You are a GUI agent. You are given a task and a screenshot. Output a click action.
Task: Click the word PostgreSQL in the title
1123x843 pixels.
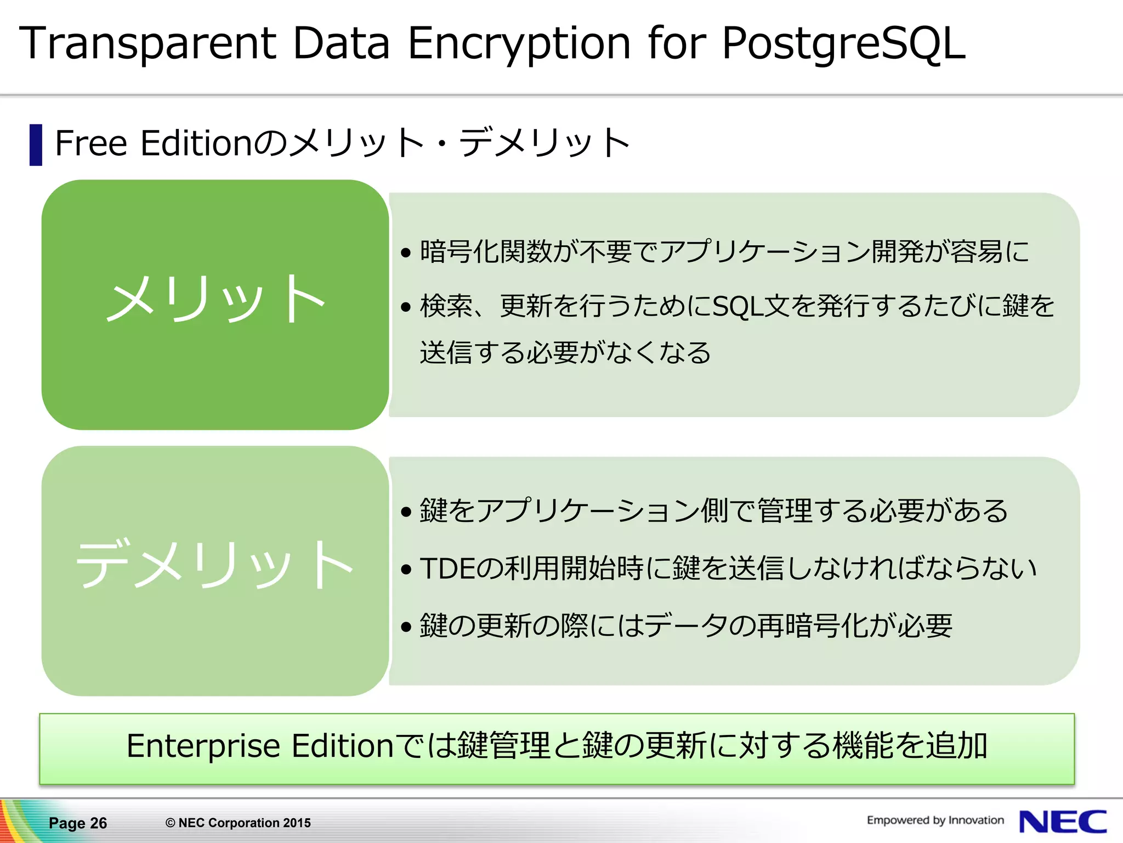(843, 44)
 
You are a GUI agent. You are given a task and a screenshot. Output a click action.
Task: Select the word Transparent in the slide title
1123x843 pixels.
(148, 44)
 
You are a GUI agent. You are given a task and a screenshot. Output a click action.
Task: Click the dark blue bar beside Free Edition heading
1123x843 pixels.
(36, 145)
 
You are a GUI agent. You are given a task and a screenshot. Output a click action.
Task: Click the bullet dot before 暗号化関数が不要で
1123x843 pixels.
(406, 253)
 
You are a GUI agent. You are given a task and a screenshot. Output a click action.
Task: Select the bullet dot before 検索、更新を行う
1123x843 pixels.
(406, 307)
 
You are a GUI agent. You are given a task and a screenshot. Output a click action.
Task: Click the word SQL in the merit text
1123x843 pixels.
(737, 306)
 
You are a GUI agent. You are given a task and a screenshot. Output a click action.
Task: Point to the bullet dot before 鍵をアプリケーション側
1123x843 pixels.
(406, 513)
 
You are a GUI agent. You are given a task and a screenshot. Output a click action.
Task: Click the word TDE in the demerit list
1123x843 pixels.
(446, 569)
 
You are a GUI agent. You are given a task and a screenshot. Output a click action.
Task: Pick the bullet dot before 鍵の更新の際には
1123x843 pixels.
(406, 626)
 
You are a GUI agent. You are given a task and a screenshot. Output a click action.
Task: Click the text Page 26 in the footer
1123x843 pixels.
(78, 823)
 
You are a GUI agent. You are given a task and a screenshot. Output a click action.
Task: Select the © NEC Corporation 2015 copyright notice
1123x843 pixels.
(238, 823)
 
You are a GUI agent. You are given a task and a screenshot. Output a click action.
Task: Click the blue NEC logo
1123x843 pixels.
(1062, 822)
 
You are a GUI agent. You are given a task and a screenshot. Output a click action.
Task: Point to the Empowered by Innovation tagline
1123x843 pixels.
(935, 820)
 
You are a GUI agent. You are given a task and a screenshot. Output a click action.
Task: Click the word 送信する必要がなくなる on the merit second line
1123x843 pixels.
(565, 353)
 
